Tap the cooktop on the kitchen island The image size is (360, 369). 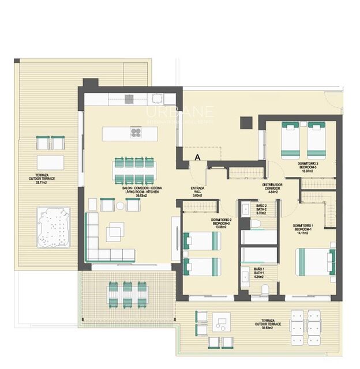point(136,133)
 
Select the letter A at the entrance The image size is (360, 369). point(197,157)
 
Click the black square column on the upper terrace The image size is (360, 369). point(246,123)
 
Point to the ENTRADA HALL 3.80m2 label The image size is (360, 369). point(198,191)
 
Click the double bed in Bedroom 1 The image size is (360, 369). point(315,262)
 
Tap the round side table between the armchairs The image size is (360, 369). point(120,205)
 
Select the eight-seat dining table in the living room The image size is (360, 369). point(134,171)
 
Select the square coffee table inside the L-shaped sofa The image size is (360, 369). point(114,232)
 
